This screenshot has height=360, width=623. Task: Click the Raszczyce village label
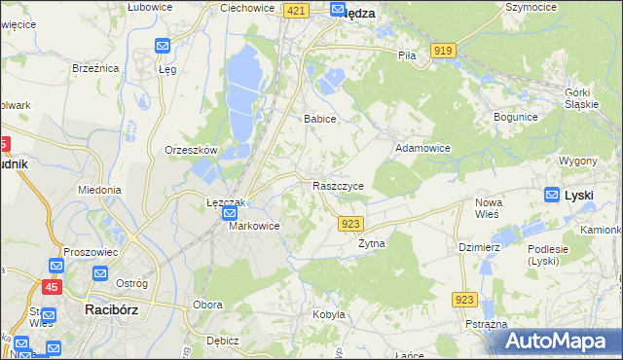[x=339, y=185]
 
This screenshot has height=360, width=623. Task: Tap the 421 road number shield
[x=298, y=10]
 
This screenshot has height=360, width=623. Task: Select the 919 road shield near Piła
[x=444, y=51]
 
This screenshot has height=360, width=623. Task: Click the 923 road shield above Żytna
[x=352, y=224]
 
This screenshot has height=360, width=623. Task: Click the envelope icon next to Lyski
[x=552, y=195]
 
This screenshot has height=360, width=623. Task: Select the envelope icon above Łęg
[x=163, y=46]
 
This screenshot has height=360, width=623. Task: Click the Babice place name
[x=319, y=119]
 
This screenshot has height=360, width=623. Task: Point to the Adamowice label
[x=422, y=148]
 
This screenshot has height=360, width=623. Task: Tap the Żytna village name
[x=372, y=243]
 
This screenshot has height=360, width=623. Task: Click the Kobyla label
[x=329, y=314]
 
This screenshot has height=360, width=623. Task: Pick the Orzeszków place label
[x=191, y=151]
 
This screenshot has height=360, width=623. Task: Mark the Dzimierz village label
[x=479, y=247]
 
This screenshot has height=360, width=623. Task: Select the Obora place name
[x=207, y=305]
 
